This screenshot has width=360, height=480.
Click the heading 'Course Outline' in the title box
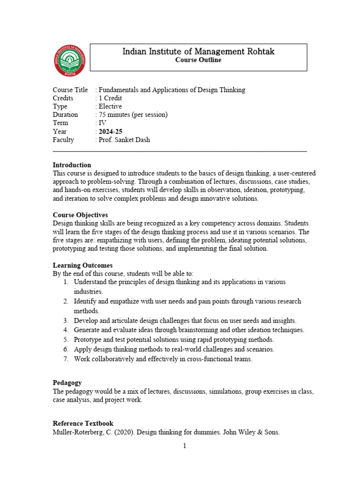coord(198,60)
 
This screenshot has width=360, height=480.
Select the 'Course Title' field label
coord(70,90)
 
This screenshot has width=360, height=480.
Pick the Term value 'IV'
coord(102,123)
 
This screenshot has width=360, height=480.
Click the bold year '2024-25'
coord(110,131)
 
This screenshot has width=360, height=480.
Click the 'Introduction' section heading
coord(72,165)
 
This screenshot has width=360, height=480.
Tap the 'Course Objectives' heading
coord(80,215)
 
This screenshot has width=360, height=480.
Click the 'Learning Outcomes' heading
coord(82,265)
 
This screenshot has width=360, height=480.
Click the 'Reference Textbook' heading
coord(83,423)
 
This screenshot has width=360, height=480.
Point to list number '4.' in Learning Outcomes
coord(66,330)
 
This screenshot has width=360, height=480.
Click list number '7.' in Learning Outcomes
coord(66,359)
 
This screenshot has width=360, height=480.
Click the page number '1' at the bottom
coord(185,446)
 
